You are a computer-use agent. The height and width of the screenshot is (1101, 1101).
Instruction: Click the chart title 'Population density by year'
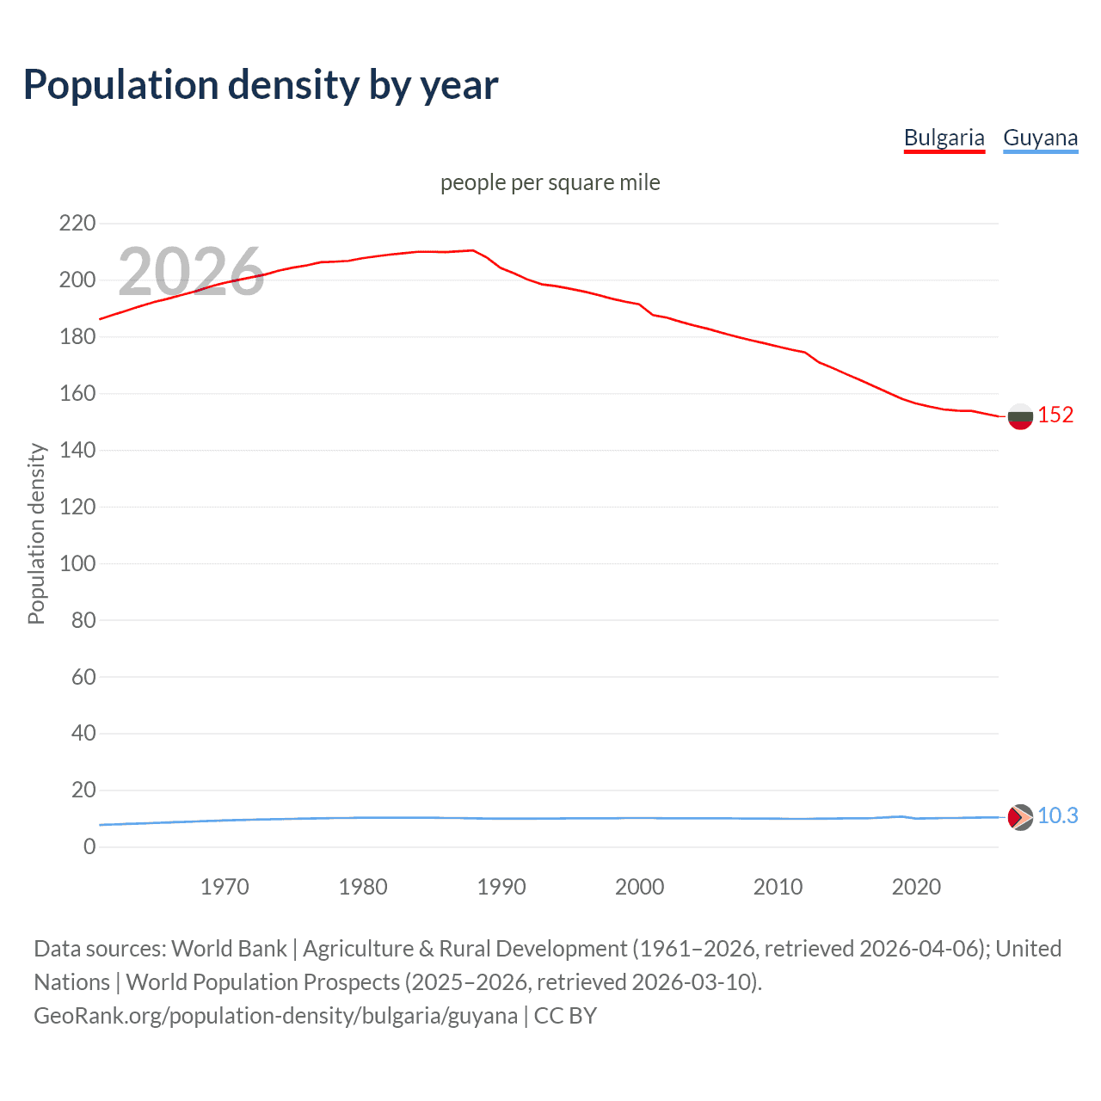261,85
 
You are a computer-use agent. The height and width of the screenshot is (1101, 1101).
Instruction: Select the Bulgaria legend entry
944,138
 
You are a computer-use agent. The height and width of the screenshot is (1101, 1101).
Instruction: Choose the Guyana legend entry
1040,138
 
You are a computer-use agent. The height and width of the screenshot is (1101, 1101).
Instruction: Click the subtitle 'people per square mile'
550,182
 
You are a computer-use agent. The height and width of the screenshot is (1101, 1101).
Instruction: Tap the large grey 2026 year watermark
191,271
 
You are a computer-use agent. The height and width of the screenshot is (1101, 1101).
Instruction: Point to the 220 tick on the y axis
77,224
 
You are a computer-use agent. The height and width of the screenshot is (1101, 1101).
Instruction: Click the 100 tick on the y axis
77,563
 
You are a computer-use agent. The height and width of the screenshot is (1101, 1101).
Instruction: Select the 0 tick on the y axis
89,846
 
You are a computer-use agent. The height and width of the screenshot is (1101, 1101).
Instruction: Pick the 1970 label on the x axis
225,887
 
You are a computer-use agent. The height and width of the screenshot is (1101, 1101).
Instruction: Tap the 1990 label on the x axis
501,887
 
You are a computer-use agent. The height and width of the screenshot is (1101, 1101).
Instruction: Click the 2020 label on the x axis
916,887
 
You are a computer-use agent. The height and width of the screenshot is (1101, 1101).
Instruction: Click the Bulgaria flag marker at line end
1020,416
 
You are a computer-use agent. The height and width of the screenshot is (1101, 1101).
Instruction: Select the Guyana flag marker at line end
1020,817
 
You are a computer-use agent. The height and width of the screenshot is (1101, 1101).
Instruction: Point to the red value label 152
1055,415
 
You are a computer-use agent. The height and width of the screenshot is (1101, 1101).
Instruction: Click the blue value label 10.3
1057,815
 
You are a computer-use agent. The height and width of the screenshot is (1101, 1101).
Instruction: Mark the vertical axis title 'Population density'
36,533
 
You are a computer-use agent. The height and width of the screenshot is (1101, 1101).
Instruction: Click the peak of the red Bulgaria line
472,250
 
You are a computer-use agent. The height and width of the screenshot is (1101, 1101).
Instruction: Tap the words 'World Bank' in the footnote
229,948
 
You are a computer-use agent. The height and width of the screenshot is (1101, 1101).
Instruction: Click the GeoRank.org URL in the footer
275,1015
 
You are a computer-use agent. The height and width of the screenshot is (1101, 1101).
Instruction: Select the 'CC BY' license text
565,1015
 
